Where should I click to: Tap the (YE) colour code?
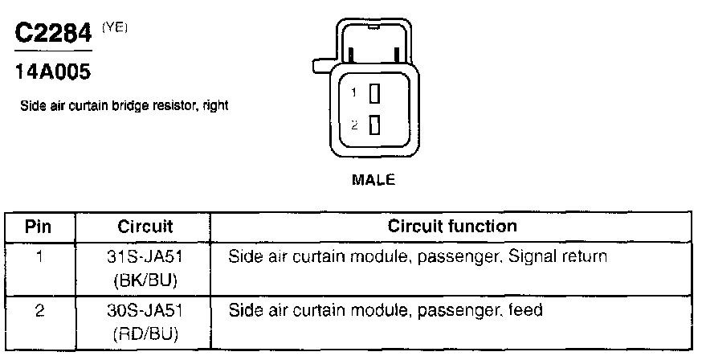pyautogui.click(x=114, y=27)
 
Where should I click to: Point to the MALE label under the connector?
pyautogui.click(x=374, y=180)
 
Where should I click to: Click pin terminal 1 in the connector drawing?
pyautogui.click(x=373, y=94)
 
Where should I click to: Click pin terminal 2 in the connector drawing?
pyautogui.click(x=373, y=125)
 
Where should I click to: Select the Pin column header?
pyautogui.click(x=39, y=226)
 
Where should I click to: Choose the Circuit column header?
pyautogui.click(x=145, y=226)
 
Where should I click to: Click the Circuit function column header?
pyautogui.click(x=452, y=226)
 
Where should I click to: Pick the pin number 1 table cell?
pyautogui.click(x=39, y=258)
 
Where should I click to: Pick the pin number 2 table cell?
pyautogui.click(x=39, y=309)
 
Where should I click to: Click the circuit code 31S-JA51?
pyautogui.click(x=146, y=258)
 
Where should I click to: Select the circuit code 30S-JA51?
pyautogui.click(x=146, y=309)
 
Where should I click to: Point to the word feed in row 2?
pyautogui.click(x=529, y=309)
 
